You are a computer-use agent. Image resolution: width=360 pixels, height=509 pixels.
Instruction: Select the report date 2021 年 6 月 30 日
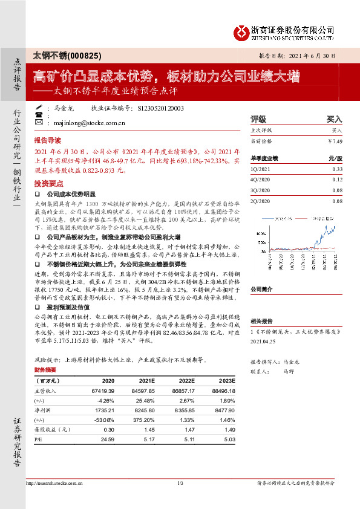pyautogui.click(x=309, y=56)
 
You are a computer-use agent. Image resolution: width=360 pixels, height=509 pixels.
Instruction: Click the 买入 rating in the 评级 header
pyautogui.click(x=334, y=119)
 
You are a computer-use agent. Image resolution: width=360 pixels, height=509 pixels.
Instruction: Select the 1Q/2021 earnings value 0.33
pyautogui.click(x=337, y=170)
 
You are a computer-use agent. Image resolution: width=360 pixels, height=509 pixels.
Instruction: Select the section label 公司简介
pyautogui.click(x=263, y=289)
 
